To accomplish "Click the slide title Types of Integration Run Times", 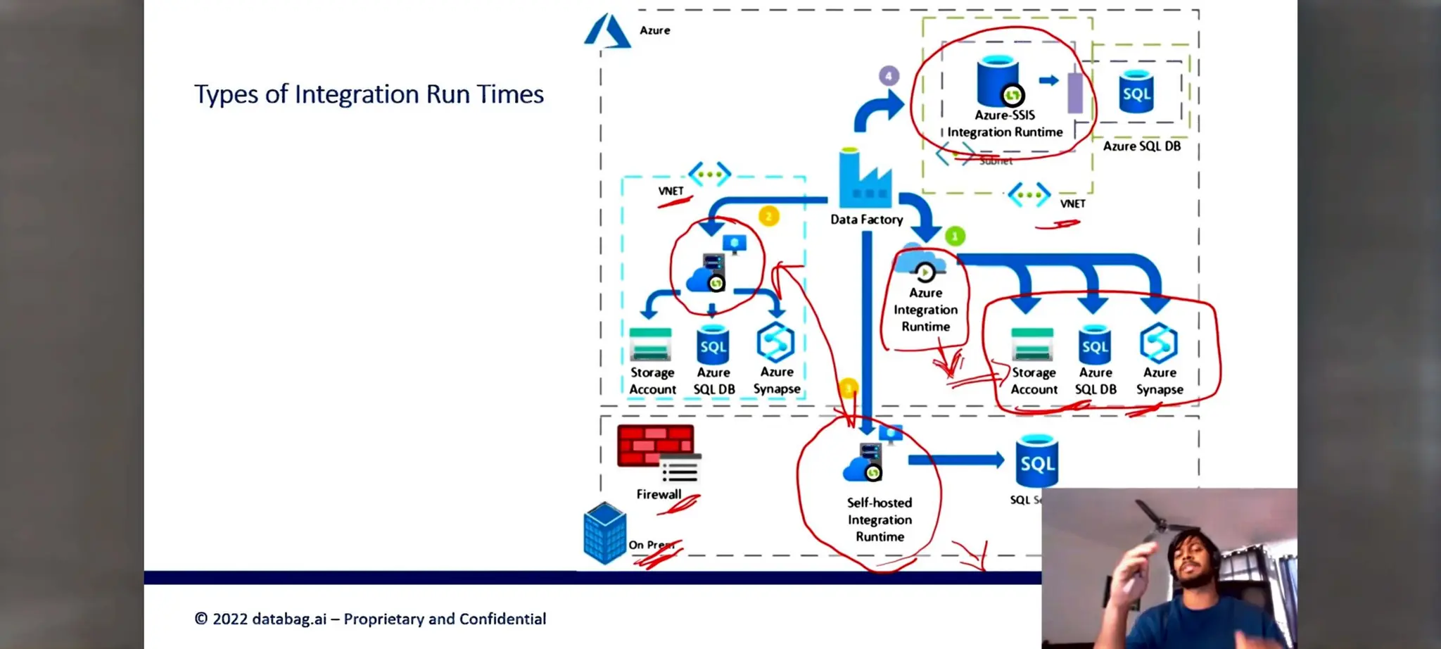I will pos(369,94).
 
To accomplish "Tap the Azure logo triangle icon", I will pos(607,32).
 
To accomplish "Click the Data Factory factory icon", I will pos(865,180).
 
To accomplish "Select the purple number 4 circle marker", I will pos(889,75).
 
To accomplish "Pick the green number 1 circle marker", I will pos(955,237).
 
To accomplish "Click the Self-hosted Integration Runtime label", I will pos(880,519).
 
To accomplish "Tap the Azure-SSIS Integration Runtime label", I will pos(1005,123).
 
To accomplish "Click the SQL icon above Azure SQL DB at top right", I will pos(1136,92).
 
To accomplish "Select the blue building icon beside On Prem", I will pos(604,533).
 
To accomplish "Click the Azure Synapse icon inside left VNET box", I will pos(775,343).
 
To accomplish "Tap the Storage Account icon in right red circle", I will pos(1032,344).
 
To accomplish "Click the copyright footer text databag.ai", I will pos(370,619).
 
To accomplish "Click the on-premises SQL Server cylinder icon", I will pos(1037,461).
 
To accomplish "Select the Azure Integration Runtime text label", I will pos(925,310).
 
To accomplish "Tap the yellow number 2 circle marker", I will pos(768,216).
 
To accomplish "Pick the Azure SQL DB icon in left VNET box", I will pos(713,345).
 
